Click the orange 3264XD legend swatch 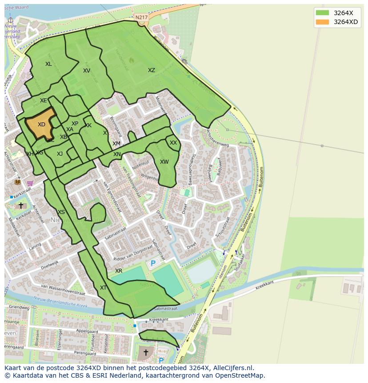(323, 22)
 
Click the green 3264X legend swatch (323, 12)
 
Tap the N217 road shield (141, 17)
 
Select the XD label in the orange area (41, 125)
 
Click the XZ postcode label (152, 70)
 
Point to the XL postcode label (48, 64)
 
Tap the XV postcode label (87, 71)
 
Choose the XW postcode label (164, 162)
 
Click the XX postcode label (173, 143)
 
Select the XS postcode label (61, 212)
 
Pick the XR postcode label (119, 271)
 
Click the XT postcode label (103, 288)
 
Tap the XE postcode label (43, 101)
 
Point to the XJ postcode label (60, 154)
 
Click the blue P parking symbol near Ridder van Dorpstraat (153, 263)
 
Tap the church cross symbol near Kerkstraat (20, 206)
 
